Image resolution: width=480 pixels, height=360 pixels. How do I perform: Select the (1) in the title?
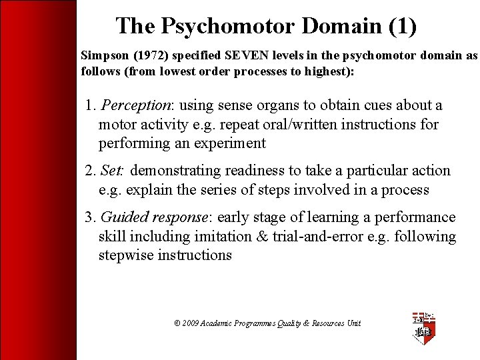pos(402,26)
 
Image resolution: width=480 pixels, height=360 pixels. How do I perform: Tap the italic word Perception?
pos(137,105)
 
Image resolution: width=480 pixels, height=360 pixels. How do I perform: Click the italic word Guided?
pos(123,217)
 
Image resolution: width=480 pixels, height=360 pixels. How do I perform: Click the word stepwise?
pos(126,255)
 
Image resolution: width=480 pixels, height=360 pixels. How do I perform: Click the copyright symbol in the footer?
pos(177,323)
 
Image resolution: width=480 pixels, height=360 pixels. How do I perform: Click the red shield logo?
pos(424,327)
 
